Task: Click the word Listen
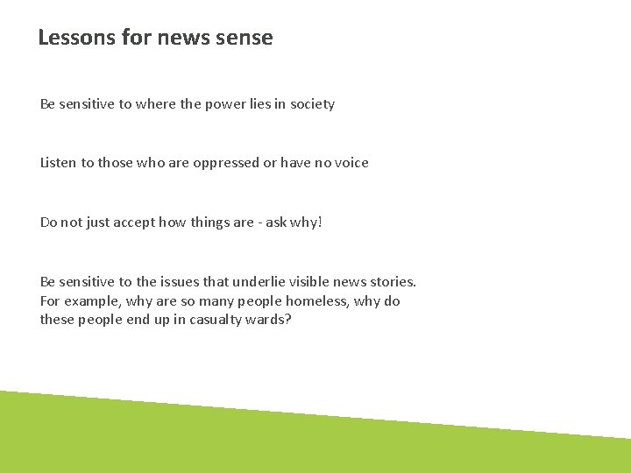pos(59,163)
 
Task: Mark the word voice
pos(351,163)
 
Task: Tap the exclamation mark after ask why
pos(320,222)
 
